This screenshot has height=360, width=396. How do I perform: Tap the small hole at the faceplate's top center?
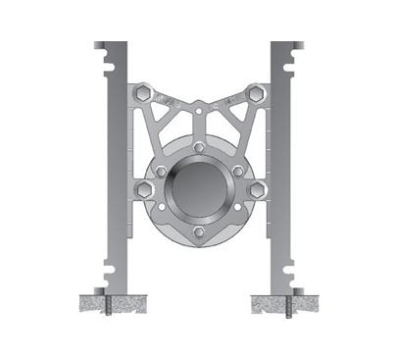(200, 115)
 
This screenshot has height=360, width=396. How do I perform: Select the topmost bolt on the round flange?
(199, 147)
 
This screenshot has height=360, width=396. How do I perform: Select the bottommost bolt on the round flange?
(199, 231)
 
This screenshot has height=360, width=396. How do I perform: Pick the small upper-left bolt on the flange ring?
(161, 171)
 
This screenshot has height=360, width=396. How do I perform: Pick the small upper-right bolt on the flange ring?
(237, 171)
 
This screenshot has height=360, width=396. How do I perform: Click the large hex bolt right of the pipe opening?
(258, 189)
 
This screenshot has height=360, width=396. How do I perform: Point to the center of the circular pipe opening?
(199, 189)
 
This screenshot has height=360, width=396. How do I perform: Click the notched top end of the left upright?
(112, 49)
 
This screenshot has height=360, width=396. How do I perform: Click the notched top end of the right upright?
(286, 49)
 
